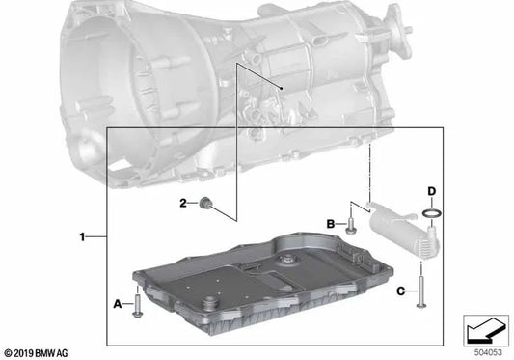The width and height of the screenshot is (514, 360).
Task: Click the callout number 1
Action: pos(82,236)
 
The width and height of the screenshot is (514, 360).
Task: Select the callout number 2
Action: pos(183,203)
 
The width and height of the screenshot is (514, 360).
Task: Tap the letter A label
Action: pos(118,304)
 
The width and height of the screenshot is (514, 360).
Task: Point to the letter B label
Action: pos(331,224)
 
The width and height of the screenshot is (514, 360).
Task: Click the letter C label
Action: pos(401,291)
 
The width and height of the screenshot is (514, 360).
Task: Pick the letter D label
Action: pos(432,191)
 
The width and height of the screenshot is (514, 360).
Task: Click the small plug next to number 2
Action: pos(205,203)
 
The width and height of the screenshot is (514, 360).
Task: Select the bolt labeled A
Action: pos(137,306)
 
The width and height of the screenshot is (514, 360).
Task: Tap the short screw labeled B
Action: pos(351,227)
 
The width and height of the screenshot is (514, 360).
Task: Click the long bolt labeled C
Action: pos(420,292)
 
